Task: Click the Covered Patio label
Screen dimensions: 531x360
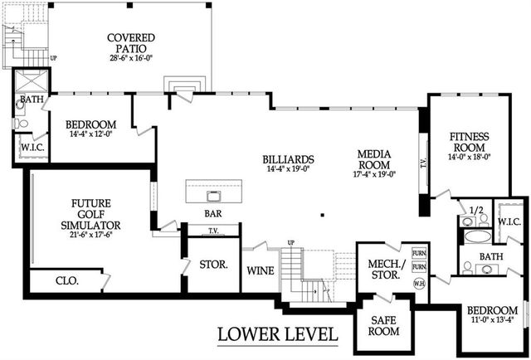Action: pyautogui.click(x=131, y=42)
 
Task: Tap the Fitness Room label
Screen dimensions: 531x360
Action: pyautogui.click(x=470, y=142)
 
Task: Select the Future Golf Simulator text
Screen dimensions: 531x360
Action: pyautogui.click(x=90, y=214)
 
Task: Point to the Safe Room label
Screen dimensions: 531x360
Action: pyautogui.click(x=383, y=325)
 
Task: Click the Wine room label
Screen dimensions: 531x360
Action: pyautogui.click(x=261, y=271)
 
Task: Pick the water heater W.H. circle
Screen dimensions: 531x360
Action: pyautogui.click(x=419, y=283)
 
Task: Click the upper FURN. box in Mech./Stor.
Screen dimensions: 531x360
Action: pyautogui.click(x=419, y=253)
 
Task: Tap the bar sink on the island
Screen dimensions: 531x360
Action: pyautogui.click(x=214, y=196)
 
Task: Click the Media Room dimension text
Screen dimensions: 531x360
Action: pyautogui.click(x=374, y=174)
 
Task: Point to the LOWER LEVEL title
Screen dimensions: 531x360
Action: pyautogui.click(x=278, y=334)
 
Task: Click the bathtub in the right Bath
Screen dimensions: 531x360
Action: pyautogui.click(x=477, y=236)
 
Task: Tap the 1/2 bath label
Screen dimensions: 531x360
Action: pyautogui.click(x=476, y=210)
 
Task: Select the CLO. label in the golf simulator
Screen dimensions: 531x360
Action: pyautogui.click(x=67, y=280)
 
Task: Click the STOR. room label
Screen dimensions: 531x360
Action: pyautogui.click(x=213, y=265)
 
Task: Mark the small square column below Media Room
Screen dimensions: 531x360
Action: pyautogui.click(x=323, y=215)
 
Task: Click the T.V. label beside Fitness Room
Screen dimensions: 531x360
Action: pyautogui.click(x=423, y=164)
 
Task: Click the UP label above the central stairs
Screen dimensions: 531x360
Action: pyautogui.click(x=291, y=243)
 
